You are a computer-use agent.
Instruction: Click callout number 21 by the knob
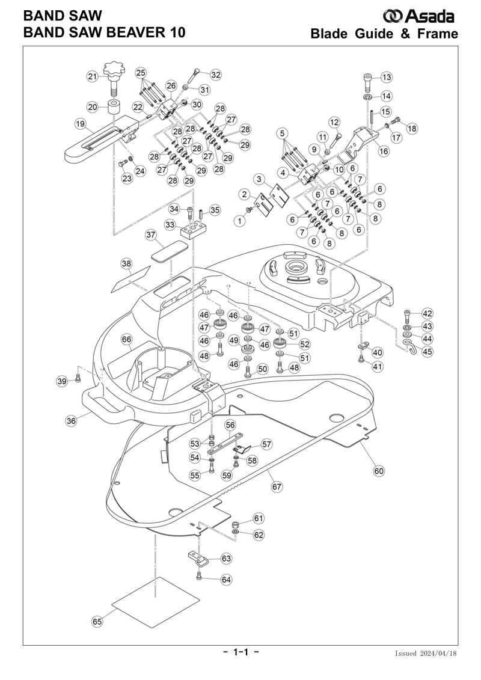click(93, 76)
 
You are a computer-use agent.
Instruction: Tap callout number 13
click(385, 77)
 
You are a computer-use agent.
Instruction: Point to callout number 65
click(97, 622)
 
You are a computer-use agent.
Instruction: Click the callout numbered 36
click(71, 421)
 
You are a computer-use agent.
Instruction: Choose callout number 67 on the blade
click(277, 486)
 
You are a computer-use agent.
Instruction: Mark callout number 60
click(379, 471)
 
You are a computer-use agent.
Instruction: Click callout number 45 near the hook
click(427, 352)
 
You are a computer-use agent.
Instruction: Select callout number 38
click(126, 263)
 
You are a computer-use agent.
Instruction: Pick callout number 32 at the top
click(215, 75)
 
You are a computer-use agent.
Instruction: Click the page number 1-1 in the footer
click(240, 652)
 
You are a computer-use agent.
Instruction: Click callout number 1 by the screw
click(240, 221)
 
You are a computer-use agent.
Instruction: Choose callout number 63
click(226, 559)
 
